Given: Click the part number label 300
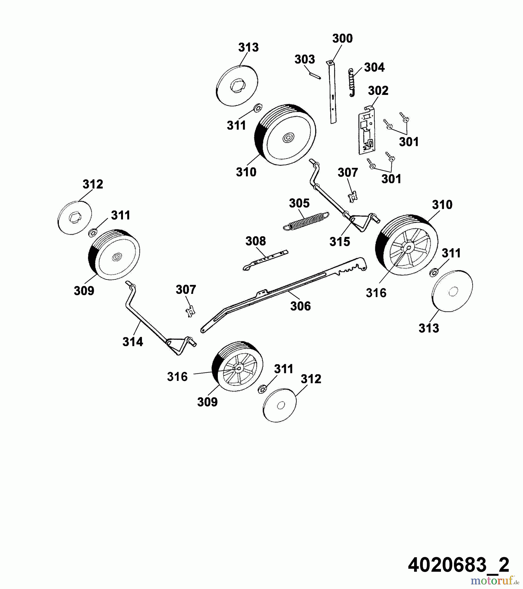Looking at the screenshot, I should (x=342, y=38).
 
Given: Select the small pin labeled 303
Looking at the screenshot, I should (x=315, y=76).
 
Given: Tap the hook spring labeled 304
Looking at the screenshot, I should (x=352, y=83).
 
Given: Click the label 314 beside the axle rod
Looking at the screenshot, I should (x=133, y=342).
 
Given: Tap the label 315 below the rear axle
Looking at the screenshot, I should (x=340, y=242).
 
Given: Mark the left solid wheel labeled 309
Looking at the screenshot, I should (x=114, y=254).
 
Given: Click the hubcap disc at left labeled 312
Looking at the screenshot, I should (x=74, y=217).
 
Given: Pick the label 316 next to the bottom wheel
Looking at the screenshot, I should (x=177, y=377).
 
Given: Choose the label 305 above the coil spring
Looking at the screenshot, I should (x=299, y=204).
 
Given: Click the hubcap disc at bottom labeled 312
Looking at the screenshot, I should (x=280, y=405).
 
